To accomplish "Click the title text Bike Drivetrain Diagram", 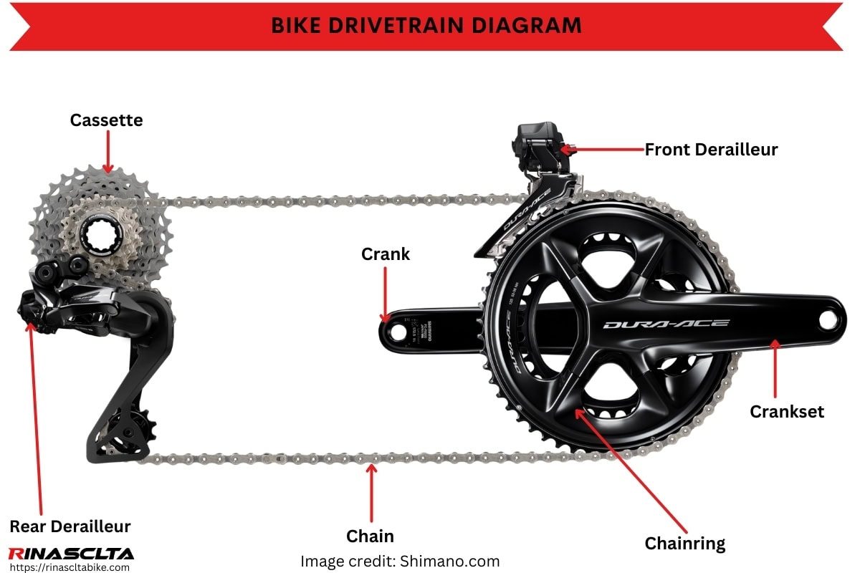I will tap(426, 25).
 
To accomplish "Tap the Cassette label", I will tap(106, 120).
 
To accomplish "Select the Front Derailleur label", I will tap(711, 149).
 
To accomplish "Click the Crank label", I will tap(386, 254).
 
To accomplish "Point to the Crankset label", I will tap(787, 412).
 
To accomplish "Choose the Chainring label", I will tap(685, 544).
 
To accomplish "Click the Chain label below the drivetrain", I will tap(370, 536).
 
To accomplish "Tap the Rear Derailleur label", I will tap(70, 527).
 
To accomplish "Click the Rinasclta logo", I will tap(70, 553).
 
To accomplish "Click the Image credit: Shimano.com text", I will tap(400, 561).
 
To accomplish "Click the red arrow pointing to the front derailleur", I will tap(602, 149).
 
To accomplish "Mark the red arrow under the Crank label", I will tap(386, 294).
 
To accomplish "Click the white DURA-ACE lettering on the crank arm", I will tap(666, 324).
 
